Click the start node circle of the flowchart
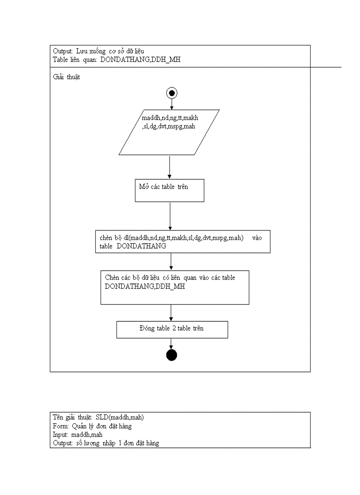point(172,93)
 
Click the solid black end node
point(171,355)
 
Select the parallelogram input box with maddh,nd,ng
point(169,132)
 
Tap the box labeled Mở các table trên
point(169,190)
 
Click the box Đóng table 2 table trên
point(172,329)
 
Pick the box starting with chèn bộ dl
point(183,242)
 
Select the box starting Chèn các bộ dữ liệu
point(175,287)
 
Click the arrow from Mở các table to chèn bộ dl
point(169,216)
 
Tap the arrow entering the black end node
point(171,344)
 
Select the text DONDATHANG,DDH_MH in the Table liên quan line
point(140,60)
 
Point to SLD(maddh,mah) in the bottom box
point(120,417)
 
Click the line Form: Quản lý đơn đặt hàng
point(92,426)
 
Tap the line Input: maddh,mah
point(78,435)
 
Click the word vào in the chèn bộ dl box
point(257,238)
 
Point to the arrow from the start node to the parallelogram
point(172,104)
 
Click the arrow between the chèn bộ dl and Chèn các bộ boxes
point(171,261)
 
